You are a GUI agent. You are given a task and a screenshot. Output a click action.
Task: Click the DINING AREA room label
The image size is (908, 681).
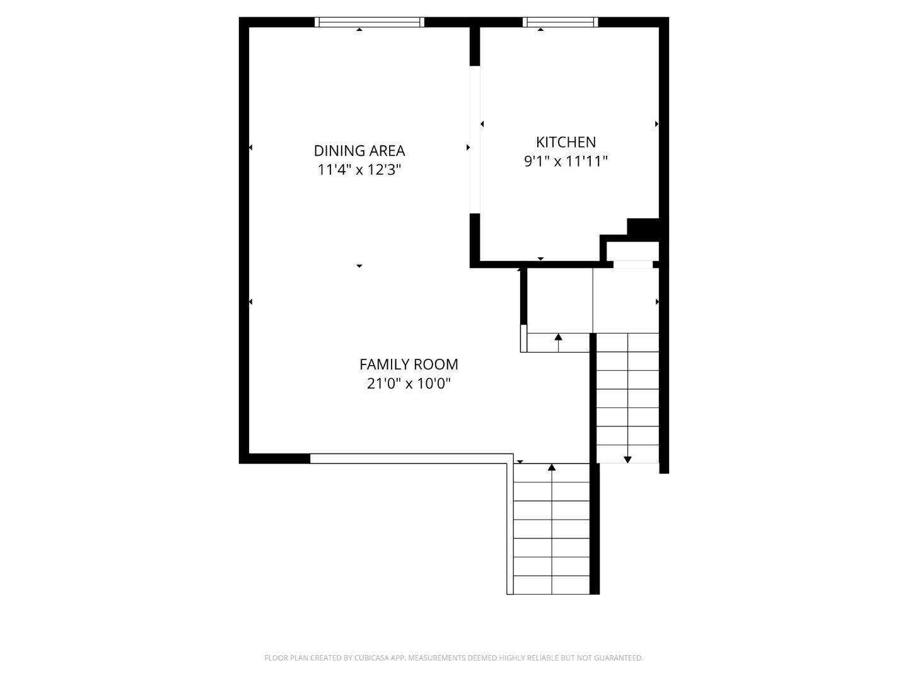(359, 151)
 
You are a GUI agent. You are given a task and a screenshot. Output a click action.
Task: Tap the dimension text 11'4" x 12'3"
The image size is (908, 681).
(359, 170)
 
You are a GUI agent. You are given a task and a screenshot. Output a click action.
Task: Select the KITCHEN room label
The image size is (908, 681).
(566, 142)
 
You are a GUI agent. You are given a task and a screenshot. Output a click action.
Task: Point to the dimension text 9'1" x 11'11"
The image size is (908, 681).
(566, 161)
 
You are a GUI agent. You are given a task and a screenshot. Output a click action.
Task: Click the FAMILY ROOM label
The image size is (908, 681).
(409, 364)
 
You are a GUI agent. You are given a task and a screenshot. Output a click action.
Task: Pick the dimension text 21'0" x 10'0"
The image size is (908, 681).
(409, 383)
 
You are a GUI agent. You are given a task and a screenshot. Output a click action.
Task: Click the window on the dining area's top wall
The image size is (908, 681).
(370, 22)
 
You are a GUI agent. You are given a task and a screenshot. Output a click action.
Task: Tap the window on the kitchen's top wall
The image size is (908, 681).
(560, 22)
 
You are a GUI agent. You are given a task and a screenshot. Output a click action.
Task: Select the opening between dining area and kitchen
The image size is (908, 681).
(475, 139)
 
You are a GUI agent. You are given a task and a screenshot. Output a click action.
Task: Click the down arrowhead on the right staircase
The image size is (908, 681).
(627, 460)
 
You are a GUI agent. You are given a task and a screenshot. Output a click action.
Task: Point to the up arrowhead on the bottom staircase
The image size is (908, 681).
(552, 467)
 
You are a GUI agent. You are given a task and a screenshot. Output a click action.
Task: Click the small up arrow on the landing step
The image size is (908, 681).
(558, 337)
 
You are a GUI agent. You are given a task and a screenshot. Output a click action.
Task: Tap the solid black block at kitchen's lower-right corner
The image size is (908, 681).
(643, 228)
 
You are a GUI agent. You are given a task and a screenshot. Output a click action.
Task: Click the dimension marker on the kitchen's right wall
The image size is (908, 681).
(656, 124)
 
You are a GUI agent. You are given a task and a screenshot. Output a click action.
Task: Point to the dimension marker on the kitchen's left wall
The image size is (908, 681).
(482, 124)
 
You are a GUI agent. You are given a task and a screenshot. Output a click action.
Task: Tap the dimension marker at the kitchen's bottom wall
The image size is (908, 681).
(540, 259)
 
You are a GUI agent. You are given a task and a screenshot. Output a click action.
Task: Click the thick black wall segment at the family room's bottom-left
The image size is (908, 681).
(275, 458)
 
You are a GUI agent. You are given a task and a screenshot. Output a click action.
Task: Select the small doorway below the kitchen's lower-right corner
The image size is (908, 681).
(633, 264)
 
